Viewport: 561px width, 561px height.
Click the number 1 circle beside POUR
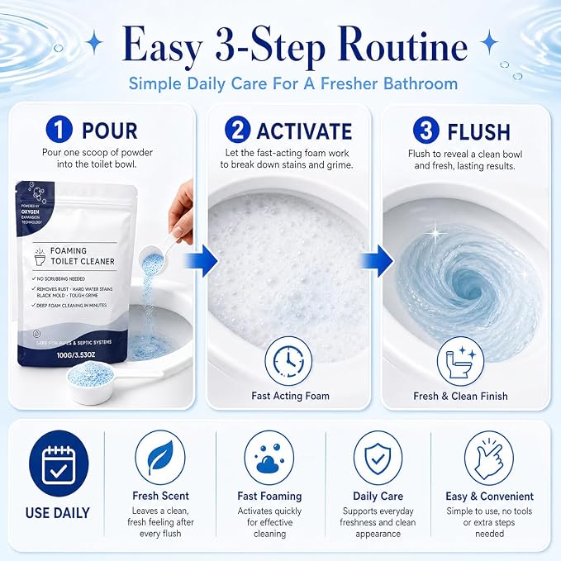coord(59,130)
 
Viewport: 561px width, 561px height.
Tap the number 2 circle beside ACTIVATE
coord(238,130)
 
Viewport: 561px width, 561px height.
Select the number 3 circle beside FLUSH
coord(426,131)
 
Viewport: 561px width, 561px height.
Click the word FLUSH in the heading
coord(478,132)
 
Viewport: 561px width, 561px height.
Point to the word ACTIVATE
coord(305,131)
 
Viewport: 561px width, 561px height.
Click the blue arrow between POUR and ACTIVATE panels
coord(201,260)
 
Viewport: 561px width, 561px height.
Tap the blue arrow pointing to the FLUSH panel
coord(376,260)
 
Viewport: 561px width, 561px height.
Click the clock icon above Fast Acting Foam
coord(288,361)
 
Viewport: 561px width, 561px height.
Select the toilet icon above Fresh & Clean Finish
coord(460,361)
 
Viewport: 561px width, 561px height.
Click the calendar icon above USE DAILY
coord(59,464)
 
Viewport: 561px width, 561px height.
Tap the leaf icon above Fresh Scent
coord(160,458)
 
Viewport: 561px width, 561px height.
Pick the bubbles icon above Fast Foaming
coord(269,458)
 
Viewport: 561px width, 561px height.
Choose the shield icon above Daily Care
coord(378,458)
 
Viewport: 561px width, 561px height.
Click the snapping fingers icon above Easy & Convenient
coord(489,458)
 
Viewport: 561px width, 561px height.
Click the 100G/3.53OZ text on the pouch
coord(76,355)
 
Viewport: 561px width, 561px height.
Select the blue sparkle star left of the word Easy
coord(94,42)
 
